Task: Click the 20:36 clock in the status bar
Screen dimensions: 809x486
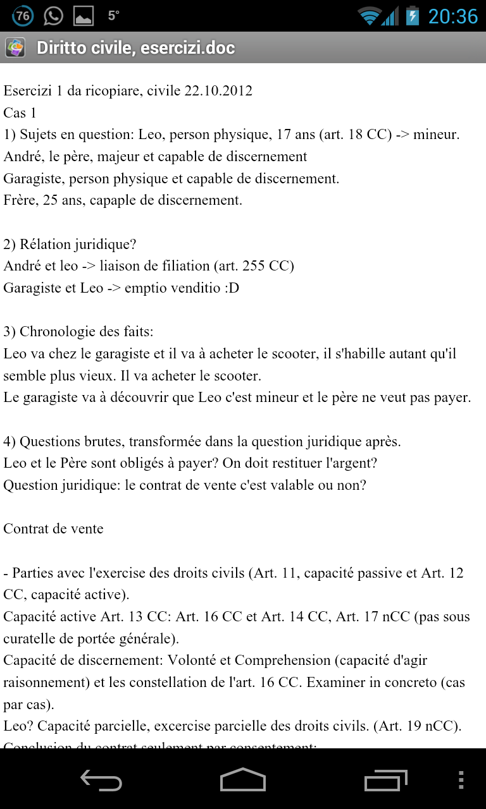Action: click(452, 16)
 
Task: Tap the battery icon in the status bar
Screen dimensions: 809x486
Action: click(413, 16)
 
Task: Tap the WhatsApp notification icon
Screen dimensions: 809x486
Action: click(53, 16)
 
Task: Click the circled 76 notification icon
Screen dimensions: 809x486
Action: click(23, 16)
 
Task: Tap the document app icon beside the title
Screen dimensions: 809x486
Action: click(15, 47)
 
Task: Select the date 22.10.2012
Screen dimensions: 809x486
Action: click(218, 91)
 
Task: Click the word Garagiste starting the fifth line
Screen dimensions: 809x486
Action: click(34, 179)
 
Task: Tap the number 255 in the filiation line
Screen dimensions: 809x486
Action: click(253, 266)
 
